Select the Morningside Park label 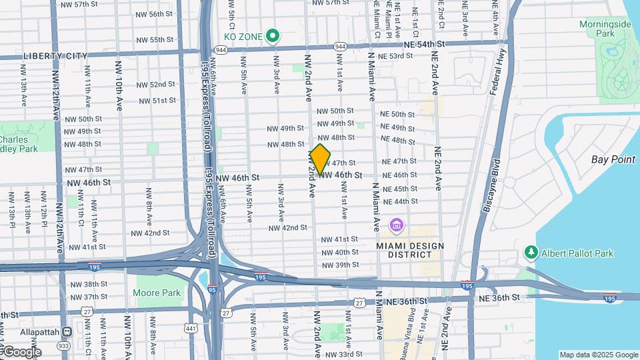tap(605, 29)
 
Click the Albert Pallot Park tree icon tap(531, 253)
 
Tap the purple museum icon tap(397, 226)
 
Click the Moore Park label tap(157, 293)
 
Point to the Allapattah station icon tap(67, 331)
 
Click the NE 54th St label tap(423, 44)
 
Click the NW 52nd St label tap(157, 85)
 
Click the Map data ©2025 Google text tap(598, 355)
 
